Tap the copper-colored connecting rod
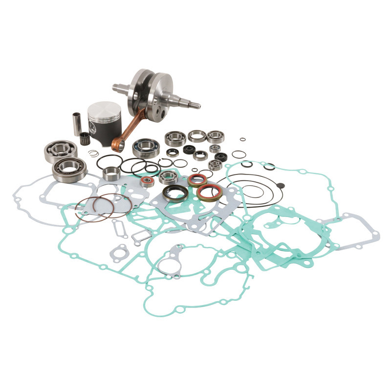click(128, 131)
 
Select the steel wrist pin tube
click(77, 123)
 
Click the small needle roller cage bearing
click(86, 138)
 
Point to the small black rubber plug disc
click(280, 185)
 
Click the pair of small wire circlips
click(93, 153)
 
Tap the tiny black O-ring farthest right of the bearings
click(239, 154)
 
